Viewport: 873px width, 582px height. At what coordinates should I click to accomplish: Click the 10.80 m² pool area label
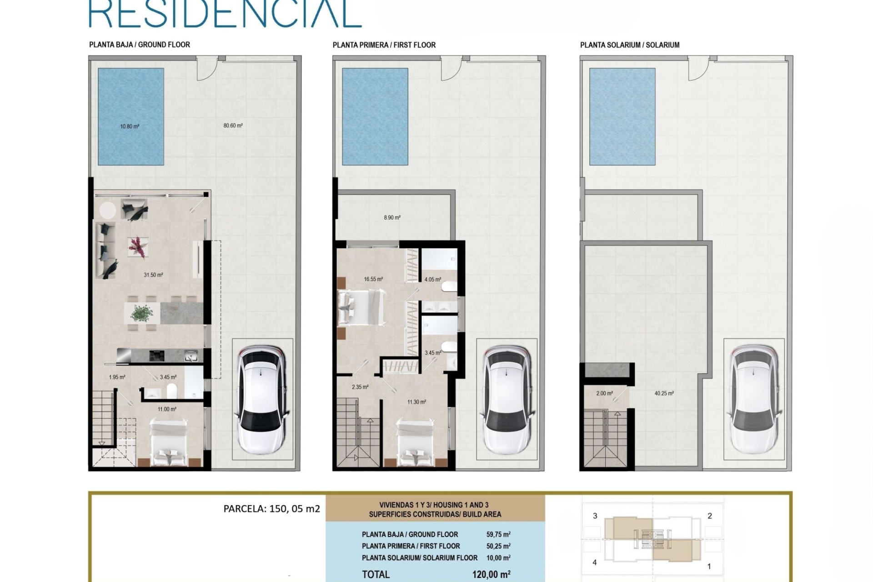pos(130,126)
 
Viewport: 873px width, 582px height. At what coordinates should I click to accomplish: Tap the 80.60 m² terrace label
pos(233,125)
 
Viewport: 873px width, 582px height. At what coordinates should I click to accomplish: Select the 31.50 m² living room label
pos(153,275)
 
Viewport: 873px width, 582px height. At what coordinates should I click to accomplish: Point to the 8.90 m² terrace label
pos(392,218)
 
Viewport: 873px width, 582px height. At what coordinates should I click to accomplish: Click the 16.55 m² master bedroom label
pos(373,279)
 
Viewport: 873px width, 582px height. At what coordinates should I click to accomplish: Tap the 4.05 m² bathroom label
pos(432,280)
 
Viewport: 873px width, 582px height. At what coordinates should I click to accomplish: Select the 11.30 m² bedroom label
pos(416,402)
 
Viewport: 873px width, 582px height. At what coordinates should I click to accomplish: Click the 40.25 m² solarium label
pos(664,393)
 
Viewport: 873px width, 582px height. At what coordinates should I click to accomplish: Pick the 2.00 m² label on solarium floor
pos(604,393)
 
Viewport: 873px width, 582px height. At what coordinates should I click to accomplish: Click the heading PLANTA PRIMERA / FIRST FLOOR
pos(384,45)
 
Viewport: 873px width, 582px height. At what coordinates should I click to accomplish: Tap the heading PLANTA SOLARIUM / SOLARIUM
pos(630,45)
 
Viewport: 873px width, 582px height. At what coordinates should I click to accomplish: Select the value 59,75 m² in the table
pos(498,534)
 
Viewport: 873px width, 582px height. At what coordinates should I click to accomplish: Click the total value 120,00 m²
pos(491,574)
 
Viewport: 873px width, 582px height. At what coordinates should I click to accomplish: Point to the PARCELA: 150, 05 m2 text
pos(272,509)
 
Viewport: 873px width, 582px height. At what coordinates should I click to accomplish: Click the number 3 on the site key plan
pos(595,516)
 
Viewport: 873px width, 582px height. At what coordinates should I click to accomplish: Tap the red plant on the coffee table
pos(136,247)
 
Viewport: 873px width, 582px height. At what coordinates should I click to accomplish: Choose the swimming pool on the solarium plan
pos(622,117)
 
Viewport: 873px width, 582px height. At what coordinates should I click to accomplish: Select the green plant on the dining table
pos(142,313)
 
